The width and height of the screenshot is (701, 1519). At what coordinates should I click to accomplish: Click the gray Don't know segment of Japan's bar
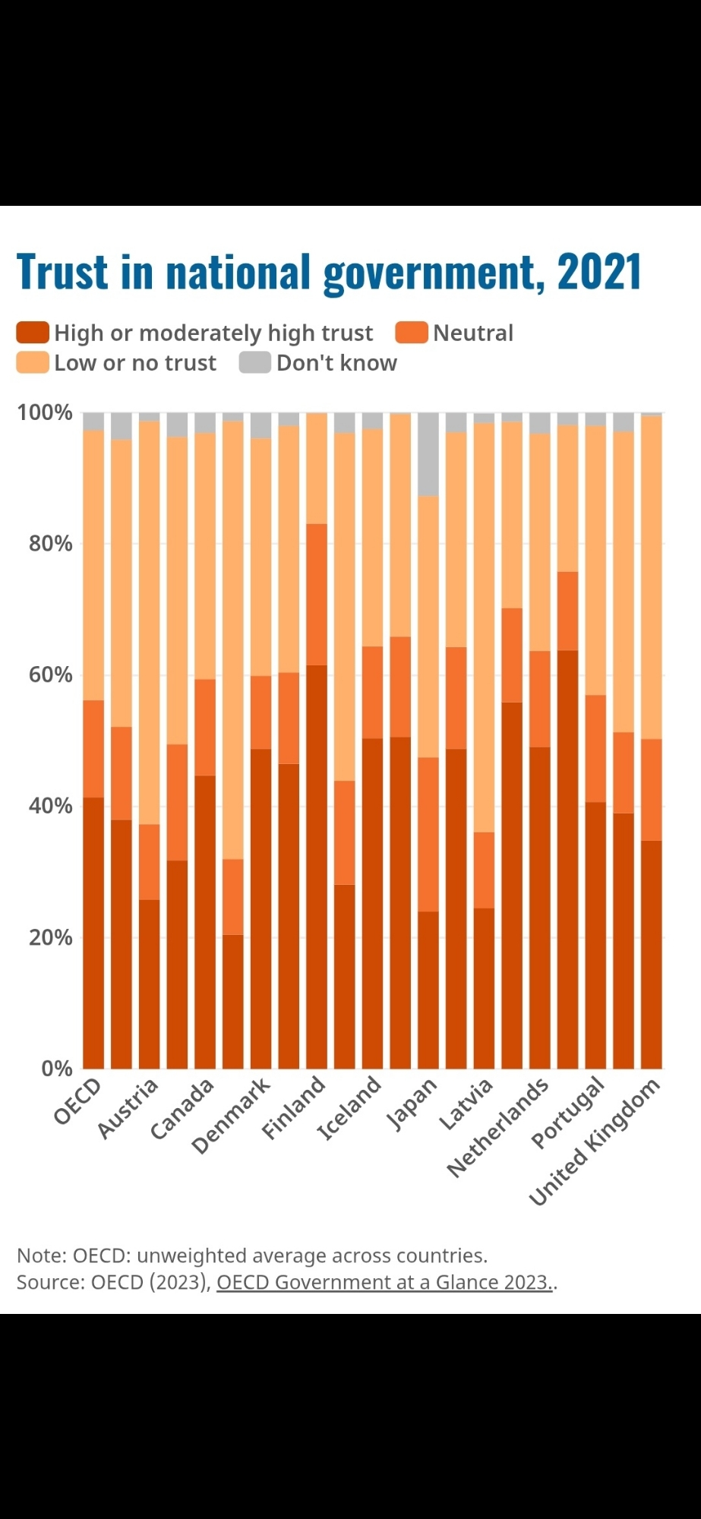tap(428, 454)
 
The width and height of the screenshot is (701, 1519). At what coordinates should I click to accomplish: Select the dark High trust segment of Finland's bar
tap(317, 866)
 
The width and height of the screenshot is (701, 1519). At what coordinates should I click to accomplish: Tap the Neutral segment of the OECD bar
tap(93, 748)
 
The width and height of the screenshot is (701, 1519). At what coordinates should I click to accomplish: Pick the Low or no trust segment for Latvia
tap(484, 627)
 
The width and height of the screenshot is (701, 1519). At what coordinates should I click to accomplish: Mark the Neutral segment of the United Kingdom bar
tap(652, 789)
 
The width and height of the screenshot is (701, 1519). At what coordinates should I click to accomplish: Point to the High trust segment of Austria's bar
tap(122, 943)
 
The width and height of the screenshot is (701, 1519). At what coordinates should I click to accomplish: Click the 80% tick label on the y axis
tap(50, 544)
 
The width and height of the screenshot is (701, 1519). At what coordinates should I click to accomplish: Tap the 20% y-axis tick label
tap(50, 937)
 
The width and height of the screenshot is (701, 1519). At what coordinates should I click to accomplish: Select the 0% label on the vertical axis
tap(56, 1069)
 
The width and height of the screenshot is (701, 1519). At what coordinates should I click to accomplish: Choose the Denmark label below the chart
tap(232, 1115)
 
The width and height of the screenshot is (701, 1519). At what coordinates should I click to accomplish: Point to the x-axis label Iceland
tap(349, 1108)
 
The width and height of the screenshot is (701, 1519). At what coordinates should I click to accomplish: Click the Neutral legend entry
tap(472, 333)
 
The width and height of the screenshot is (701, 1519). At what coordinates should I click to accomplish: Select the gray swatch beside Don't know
tap(254, 362)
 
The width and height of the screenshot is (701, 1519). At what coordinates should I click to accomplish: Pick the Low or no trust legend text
tap(135, 363)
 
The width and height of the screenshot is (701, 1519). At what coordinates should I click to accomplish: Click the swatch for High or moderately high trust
tap(33, 333)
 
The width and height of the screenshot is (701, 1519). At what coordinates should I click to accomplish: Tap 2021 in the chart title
tap(599, 272)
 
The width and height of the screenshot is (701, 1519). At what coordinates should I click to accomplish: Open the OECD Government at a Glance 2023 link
tap(384, 1282)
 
